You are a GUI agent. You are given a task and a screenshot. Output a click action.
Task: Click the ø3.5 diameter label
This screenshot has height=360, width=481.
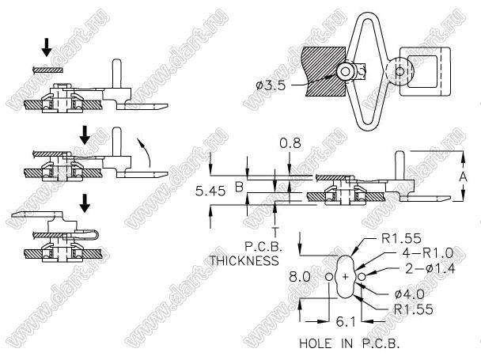pos(271,85)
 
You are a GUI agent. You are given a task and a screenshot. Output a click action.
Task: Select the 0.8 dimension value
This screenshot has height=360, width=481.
pos(290,143)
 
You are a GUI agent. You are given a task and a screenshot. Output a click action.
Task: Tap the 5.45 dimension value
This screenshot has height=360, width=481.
pos(210,191)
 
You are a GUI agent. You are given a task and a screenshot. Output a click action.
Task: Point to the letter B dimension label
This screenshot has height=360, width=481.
pos(239,187)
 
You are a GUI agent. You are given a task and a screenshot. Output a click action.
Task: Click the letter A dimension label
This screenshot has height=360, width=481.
pos(464,177)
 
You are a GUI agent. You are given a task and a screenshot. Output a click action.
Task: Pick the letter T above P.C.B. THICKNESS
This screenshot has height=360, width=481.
pos(275,232)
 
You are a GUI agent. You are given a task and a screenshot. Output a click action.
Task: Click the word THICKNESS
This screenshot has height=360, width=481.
pos(244,260)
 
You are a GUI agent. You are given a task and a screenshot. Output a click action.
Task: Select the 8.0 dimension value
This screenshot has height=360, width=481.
pos(300,277)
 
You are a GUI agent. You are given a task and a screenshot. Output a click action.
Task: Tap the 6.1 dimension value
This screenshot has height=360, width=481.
pos(346,322)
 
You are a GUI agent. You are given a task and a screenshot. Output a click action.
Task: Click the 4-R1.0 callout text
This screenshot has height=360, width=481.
pos(427,253)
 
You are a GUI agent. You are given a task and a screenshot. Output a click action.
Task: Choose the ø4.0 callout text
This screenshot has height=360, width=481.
pos(410,294)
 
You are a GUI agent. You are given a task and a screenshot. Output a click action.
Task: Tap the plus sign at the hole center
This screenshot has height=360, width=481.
pos(346,277)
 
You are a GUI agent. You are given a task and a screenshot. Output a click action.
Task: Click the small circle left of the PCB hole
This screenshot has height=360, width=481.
pos(329,277)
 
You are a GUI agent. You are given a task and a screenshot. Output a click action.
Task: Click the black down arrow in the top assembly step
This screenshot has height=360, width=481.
pos(47,47)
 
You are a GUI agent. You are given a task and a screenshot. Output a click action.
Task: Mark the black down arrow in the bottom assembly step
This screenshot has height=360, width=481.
pos(85,203)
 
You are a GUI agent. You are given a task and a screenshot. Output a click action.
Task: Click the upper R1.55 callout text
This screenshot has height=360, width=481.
pos(401,238)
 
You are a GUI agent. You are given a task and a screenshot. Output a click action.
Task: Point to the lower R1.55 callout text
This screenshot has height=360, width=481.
pos(414,309)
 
